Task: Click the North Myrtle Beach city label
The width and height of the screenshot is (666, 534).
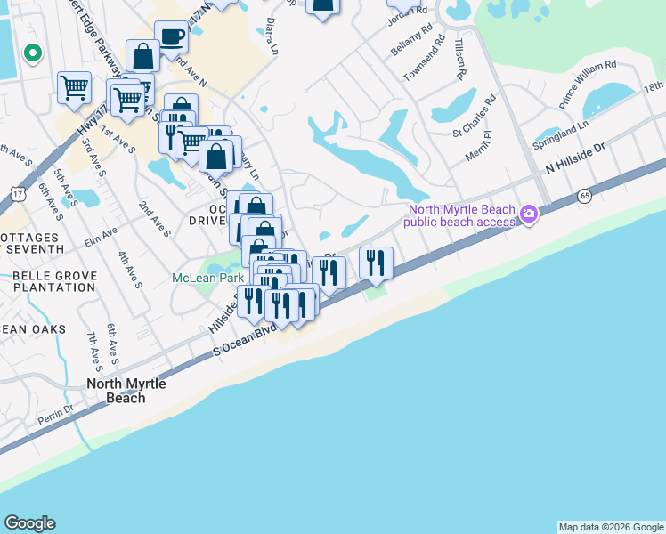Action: tap(114, 391)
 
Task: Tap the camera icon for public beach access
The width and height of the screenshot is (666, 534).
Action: tap(529, 213)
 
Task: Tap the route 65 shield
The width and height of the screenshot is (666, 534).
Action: tap(584, 196)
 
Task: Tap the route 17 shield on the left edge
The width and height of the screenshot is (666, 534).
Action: tap(17, 192)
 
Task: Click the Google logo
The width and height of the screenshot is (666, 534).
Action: tap(29, 523)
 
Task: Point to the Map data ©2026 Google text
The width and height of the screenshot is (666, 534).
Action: tap(611, 527)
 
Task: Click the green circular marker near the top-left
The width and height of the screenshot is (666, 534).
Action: tap(33, 54)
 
